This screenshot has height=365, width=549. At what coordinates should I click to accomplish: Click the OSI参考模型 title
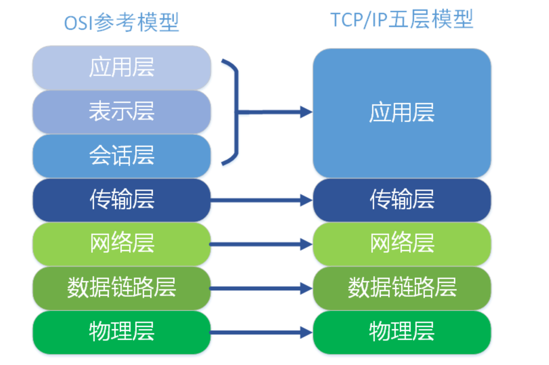[121, 23]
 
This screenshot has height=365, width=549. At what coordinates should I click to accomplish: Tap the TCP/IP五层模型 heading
[402, 20]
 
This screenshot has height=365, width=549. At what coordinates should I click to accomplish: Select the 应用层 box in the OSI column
[122, 68]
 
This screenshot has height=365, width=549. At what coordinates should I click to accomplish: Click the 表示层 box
[122, 112]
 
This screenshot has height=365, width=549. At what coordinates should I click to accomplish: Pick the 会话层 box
[122, 156]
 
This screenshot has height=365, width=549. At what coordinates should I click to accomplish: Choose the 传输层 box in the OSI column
[122, 200]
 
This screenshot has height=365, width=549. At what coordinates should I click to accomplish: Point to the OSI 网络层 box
[122, 244]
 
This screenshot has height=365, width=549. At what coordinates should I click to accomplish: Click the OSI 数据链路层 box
[122, 288]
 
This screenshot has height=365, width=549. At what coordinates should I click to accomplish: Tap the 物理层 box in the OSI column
[122, 332]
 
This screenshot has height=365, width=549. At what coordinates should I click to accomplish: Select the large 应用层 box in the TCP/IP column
[402, 113]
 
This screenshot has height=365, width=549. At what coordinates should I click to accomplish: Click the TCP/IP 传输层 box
[402, 200]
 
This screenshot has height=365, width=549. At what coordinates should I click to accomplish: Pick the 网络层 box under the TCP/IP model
[402, 244]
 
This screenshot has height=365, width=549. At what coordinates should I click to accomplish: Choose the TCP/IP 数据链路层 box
[402, 288]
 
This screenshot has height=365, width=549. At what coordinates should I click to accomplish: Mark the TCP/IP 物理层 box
[402, 332]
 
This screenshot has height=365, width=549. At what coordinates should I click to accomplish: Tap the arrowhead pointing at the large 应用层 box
[306, 112]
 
